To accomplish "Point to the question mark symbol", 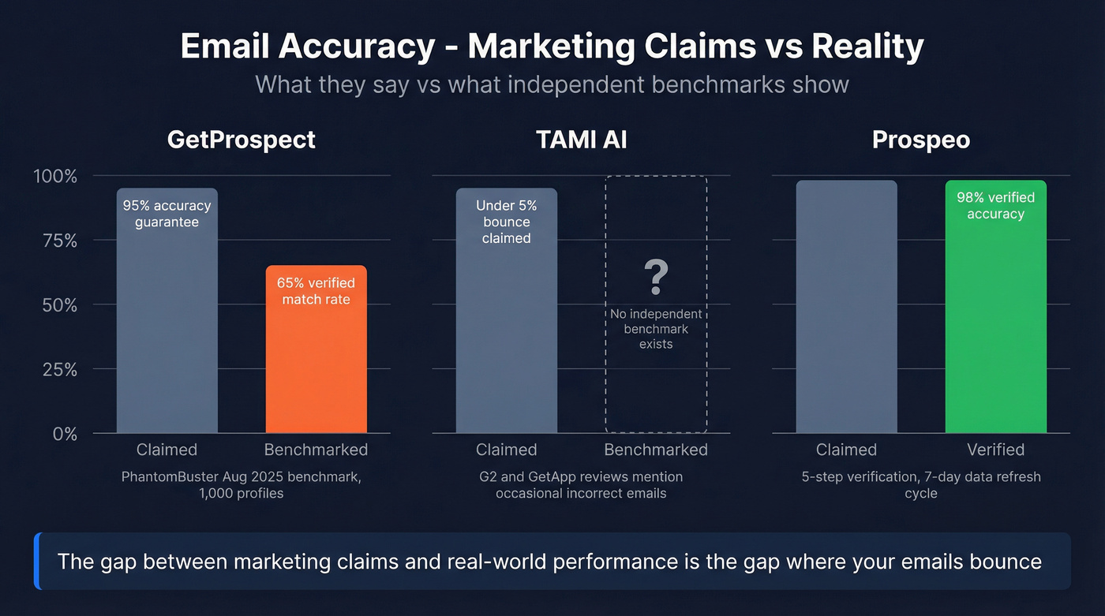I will (x=656, y=276).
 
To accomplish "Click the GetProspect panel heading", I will (x=242, y=140).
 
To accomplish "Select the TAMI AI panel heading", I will (x=582, y=140).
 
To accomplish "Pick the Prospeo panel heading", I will (x=921, y=140).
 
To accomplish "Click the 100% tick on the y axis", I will (x=55, y=176).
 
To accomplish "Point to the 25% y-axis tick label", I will (x=59, y=369).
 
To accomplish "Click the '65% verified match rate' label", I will (x=316, y=291).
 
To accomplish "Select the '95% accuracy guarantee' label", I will (x=167, y=214).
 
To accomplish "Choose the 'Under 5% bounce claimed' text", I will (x=506, y=222).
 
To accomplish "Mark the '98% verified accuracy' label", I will (x=995, y=206).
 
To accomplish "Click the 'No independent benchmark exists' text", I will (x=656, y=329).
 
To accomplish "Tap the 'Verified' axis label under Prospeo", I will (x=995, y=450).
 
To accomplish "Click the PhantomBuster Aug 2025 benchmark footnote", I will (x=242, y=485).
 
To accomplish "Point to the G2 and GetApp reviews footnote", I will (x=581, y=485).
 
